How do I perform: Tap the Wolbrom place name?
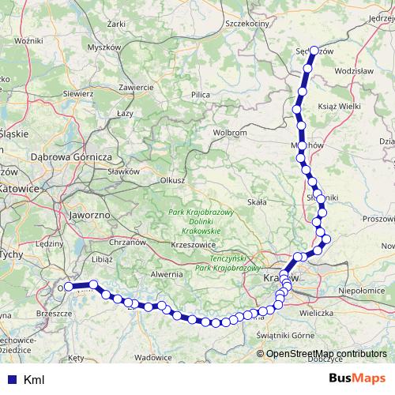click(231, 133)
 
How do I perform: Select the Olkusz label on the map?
click(171, 180)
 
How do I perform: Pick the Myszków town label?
click(103, 47)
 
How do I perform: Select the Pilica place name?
click(200, 95)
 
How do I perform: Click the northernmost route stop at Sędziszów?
click(314, 51)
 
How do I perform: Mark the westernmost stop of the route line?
click(69, 287)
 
